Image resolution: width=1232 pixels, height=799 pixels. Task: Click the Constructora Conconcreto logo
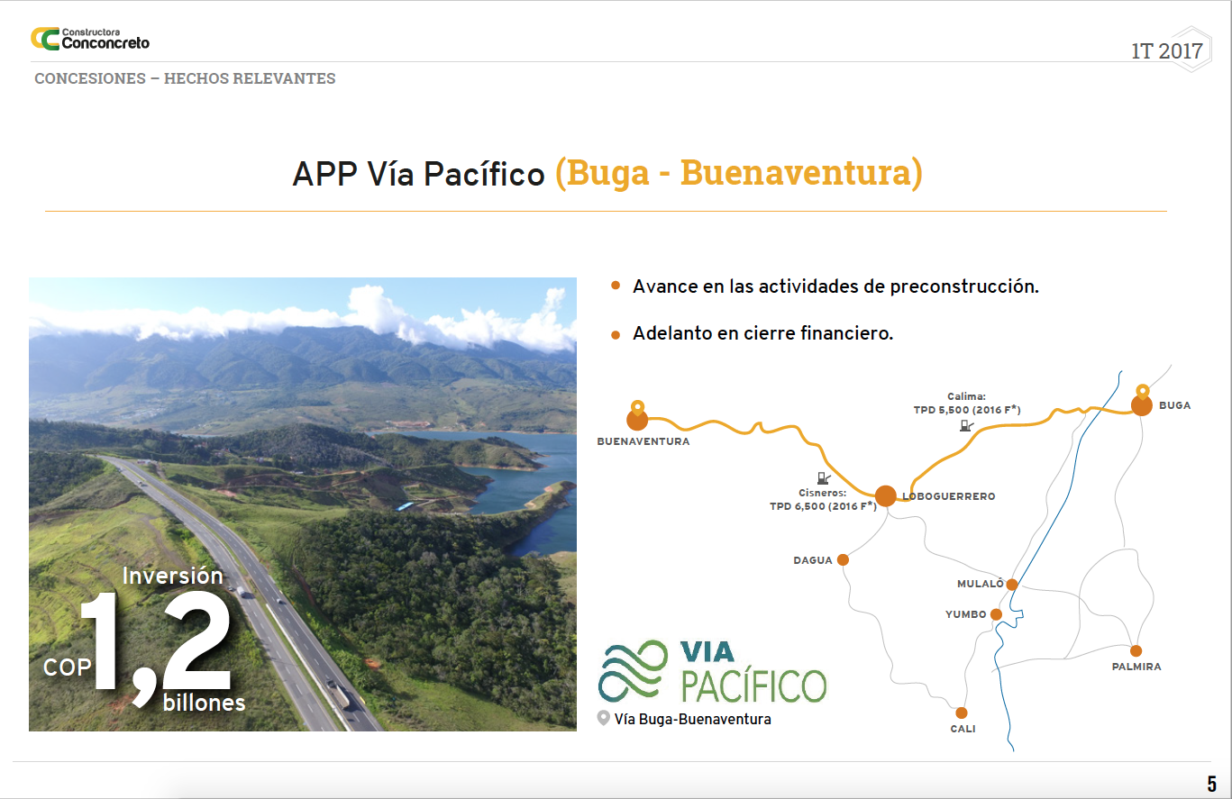click(89, 39)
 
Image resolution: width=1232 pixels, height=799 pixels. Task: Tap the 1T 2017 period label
click(1166, 51)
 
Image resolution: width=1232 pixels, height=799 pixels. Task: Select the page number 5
click(1211, 783)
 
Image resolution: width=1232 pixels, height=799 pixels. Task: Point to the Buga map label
click(1174, 405)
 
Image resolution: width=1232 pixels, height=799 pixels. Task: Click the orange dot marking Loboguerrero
click(886, 495)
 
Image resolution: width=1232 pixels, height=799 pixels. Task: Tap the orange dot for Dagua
click(843, 559)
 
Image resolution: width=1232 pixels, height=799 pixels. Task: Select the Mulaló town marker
click(1012, 585)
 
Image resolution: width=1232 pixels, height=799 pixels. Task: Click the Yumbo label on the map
click(966, 614)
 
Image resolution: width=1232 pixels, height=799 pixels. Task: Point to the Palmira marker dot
click(1136, 651)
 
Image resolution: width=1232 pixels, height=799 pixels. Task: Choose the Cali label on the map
click(963, 729)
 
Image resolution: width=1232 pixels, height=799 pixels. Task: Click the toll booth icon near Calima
click(966, 425)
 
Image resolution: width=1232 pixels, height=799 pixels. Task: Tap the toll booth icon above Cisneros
click(824, 477)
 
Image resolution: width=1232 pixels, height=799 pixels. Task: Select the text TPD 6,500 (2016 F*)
click(823, 506)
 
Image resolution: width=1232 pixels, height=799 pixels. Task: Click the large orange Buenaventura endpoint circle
click(637, 421)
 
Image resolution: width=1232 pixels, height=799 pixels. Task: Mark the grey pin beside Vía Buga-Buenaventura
click(603, 718)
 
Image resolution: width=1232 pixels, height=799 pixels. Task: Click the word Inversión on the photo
click(173, 576)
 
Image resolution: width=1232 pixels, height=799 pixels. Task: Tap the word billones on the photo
click(204, 703)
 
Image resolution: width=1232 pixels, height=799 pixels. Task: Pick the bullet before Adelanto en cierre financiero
click(616, 335)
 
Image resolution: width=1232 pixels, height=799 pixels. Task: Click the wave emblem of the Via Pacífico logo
click(633, 671)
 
